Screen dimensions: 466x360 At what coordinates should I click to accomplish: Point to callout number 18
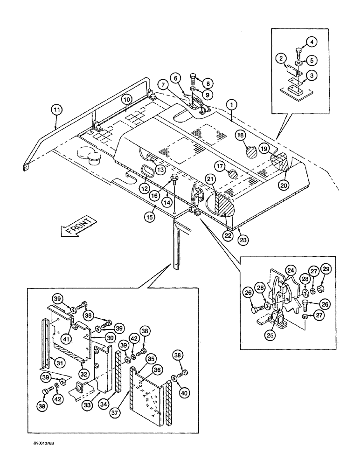point(241,136)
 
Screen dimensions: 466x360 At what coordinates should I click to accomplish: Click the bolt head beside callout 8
point(194,75)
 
